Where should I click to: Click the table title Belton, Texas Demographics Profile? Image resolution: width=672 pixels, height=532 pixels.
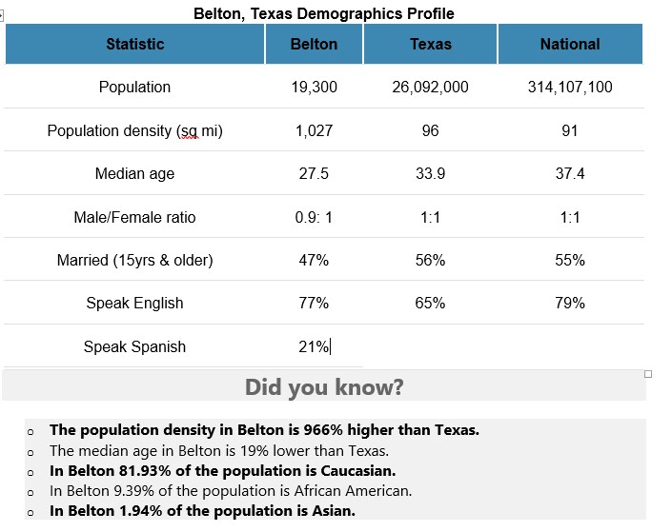point(323,13)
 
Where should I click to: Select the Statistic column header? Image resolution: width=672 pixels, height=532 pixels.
point(134,44)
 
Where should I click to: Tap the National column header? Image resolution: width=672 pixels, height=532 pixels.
point(569,44)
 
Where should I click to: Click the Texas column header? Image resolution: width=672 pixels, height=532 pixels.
point(430,44)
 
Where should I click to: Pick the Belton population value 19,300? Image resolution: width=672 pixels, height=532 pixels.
point(314,87)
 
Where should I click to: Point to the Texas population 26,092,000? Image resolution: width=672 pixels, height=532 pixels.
point(430,87)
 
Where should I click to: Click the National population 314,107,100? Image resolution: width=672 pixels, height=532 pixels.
point(569,87)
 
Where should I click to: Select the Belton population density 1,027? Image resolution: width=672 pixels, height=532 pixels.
point(314,130)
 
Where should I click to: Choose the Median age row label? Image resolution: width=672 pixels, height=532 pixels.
point(134,173)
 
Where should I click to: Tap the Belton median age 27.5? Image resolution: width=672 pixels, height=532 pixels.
point(314,173)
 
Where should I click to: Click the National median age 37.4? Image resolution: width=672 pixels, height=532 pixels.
point(569,173)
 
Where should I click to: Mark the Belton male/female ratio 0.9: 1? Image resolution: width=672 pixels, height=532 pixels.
point(314,217)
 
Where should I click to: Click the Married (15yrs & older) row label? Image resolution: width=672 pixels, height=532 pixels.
point(134,260)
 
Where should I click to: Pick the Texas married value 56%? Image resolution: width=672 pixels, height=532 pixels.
point(430,260)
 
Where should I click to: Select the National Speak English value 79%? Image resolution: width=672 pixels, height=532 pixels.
point(569,303)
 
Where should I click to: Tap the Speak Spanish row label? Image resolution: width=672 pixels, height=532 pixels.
point(134,346)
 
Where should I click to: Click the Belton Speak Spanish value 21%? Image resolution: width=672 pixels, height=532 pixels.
point(313,346)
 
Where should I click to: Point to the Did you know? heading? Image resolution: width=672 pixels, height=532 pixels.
point(324,387)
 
